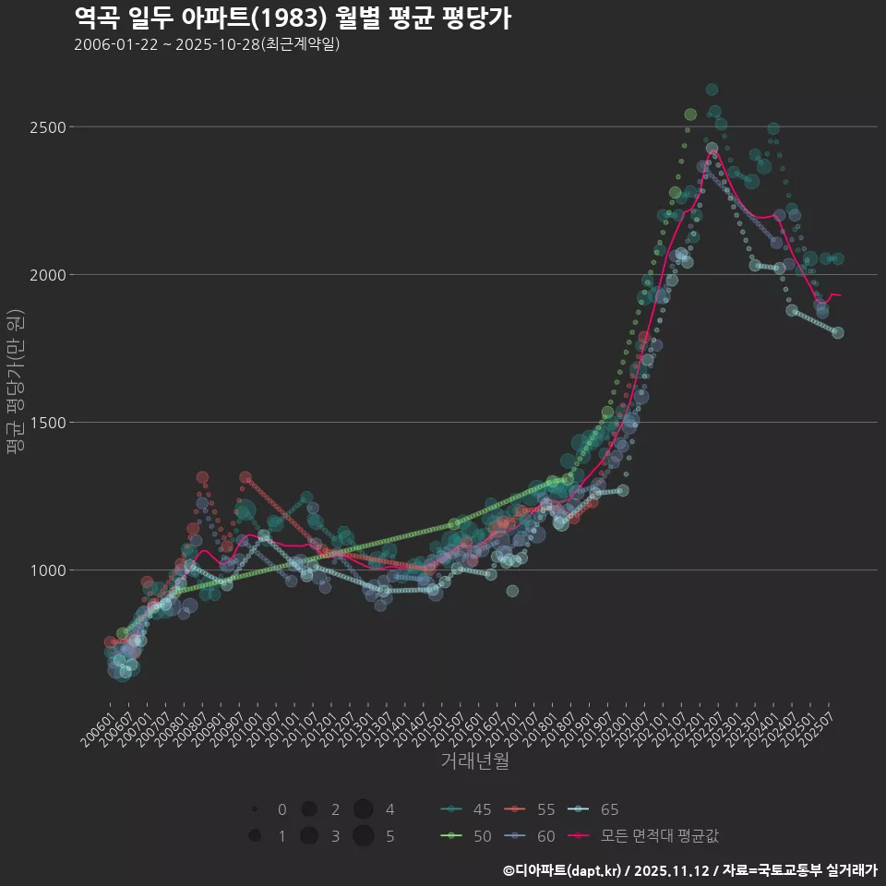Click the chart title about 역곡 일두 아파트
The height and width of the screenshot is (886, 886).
pyautogui.click(x=292, y=18)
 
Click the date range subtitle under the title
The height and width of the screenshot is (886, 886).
pyautogui.click(x=207, y=45)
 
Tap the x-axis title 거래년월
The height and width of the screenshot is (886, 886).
pyautogui.click(x=474, y=761)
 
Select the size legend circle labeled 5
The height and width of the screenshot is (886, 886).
pyautogui.click(x=363, y=836)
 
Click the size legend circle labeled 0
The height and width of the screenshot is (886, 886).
pyautogui.click(x=254, y=809)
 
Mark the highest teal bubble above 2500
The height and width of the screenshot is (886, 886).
pyautogui.click(x=712, y=90)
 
